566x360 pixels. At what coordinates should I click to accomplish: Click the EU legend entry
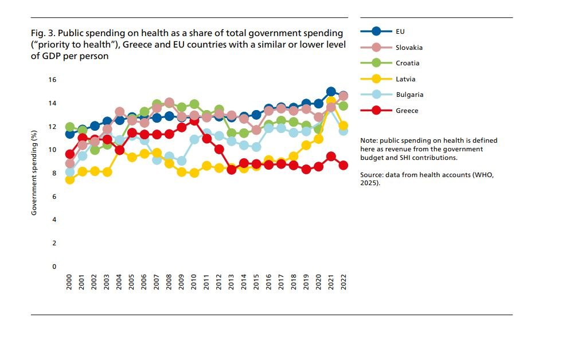click(x=400, y=32)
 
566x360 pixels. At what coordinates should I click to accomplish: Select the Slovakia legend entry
click(x=409, y=48)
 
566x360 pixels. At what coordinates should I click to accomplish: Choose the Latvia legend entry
click(x=405, y=79)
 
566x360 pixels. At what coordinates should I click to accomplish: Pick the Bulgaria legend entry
click(x=409, y=95)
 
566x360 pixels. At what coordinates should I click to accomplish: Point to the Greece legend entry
click(x=407, y=111)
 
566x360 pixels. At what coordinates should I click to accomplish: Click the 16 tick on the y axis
click(x=53, y=80)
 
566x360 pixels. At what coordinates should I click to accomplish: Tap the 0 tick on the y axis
click(x=54, y=267)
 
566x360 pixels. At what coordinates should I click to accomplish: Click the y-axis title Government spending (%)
click(x=34, y=173)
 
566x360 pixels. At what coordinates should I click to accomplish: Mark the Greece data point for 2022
click(x=343, y=165)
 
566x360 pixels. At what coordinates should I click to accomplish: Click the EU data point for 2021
click(x=331, y=92)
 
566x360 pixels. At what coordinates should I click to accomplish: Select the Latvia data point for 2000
click(x=69, y=179)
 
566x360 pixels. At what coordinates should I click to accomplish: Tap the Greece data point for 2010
click(x=194, y=121)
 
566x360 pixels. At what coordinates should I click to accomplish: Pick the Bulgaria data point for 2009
click(x=182, y=161)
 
